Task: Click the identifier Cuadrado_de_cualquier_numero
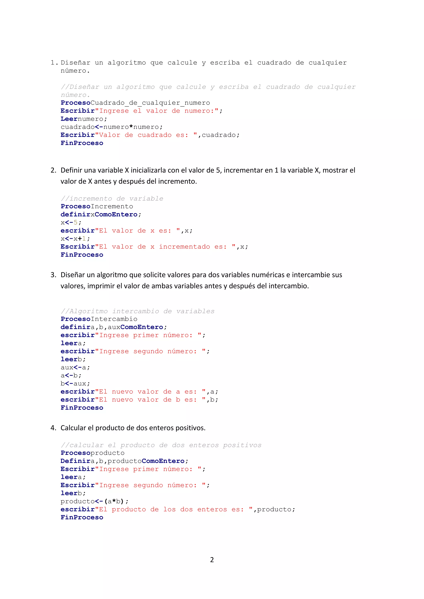coord(150,103)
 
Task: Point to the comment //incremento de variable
coord(112,199)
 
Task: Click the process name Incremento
coord(112,206)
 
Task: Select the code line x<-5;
coord(71,223)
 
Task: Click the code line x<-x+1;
coord(75,239)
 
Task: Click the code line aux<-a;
coord(75,368)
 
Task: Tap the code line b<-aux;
coord(75,384)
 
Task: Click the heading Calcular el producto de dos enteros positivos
coord(133,428)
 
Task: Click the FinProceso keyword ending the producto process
coord(82,518)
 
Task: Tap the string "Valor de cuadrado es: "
coord(146,135)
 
